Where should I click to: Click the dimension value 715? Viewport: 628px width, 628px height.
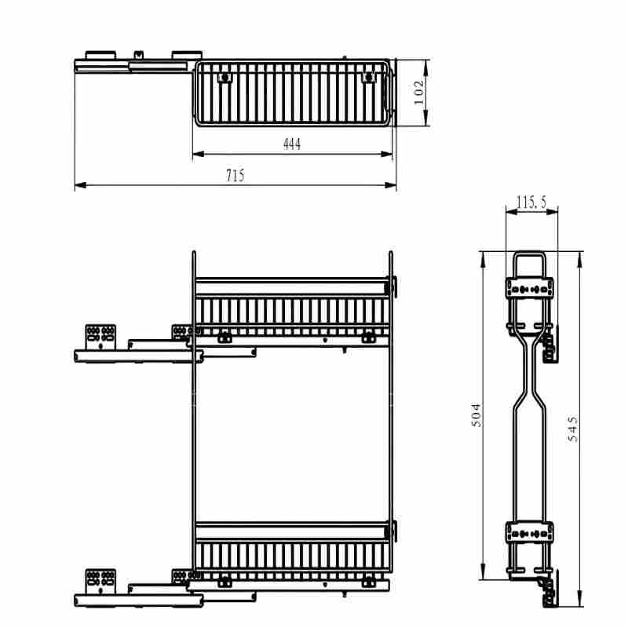tap(235, 175)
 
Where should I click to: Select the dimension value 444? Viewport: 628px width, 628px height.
tap(292, 144)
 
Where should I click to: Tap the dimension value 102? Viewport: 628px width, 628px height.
tap(418, 93)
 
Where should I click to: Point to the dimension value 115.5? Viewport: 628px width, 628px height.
tap(531, 203)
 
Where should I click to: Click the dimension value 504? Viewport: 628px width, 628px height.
tap(476, 415)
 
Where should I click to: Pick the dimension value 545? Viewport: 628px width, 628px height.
tap(573, 429)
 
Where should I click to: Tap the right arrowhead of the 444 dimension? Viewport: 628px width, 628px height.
tap(386, 154)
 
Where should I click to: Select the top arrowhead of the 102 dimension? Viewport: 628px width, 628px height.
tap(425, 65)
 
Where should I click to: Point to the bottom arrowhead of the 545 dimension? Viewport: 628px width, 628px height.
tap(579, 601)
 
